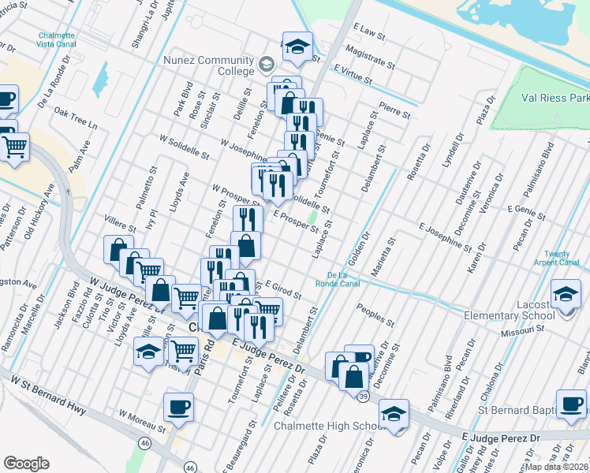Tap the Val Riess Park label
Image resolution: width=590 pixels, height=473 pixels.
coord(555,99)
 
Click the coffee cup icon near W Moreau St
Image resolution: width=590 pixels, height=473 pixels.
coord(177,407)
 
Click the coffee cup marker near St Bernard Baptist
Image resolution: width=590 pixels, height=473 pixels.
coord(570,404)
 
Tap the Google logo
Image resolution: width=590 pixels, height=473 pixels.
coord(26,464)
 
